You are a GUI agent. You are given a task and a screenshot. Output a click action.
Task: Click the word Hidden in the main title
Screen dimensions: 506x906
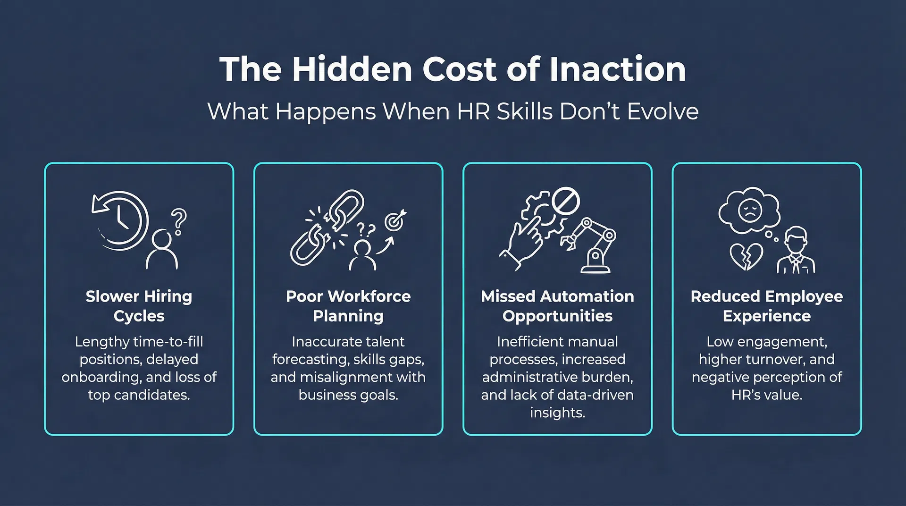352,69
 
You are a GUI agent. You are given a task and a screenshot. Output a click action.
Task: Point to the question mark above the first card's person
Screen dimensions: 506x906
179,221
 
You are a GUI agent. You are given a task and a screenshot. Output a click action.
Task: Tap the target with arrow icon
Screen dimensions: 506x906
395,220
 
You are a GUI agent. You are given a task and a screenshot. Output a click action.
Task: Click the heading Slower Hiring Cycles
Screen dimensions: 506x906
139,306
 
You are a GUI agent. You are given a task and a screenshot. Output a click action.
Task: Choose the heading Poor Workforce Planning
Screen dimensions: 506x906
348,306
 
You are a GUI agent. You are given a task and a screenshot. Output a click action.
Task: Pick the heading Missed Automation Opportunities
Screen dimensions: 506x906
557,306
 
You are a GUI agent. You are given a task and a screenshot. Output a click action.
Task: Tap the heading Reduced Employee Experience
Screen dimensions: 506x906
767,306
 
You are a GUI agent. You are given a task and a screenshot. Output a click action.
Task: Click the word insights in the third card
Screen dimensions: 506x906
557,413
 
